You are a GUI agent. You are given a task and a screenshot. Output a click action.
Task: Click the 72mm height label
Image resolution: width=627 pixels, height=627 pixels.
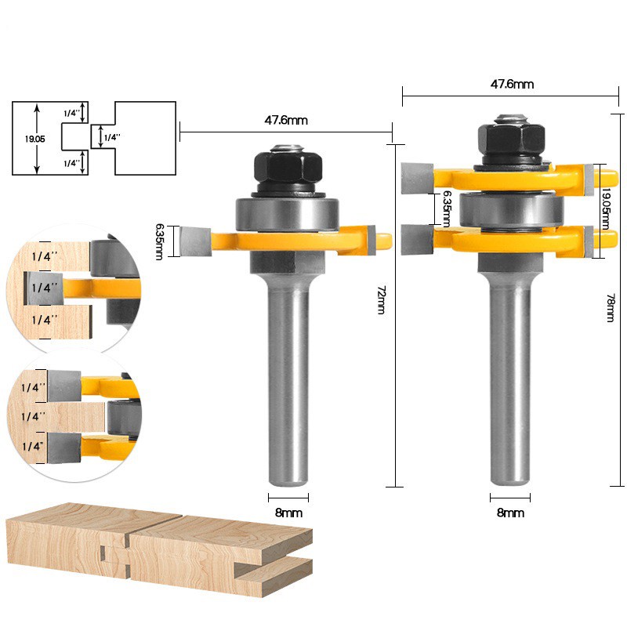coord(381,300)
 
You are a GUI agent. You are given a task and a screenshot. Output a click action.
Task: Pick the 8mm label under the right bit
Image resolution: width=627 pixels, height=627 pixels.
coord(510,512)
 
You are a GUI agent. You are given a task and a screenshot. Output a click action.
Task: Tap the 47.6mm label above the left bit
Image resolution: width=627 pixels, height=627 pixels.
coord(285,120)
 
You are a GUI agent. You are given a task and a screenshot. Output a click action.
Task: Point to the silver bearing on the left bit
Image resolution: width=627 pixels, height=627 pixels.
coord(288,213)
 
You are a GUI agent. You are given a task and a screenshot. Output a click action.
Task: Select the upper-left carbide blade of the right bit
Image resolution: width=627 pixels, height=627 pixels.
coord(415,178)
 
